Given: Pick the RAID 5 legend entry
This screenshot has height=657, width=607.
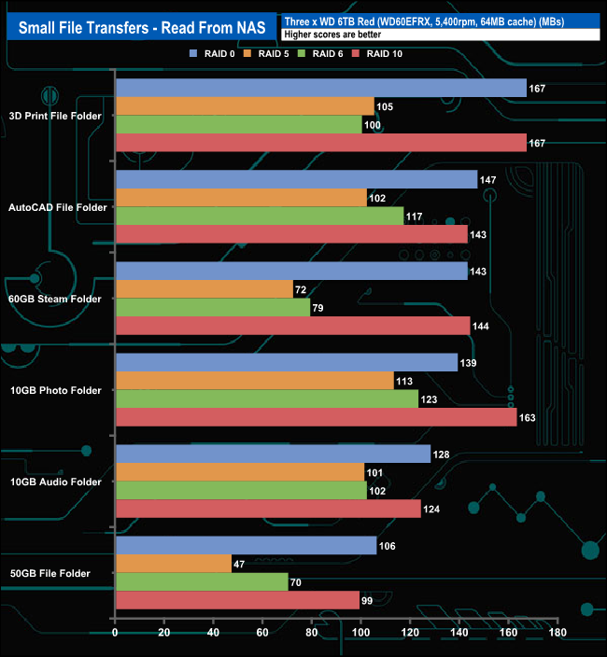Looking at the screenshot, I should click(x=270, y=54).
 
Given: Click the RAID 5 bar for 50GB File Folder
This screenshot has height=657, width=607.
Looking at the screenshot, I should click(x=173, y=564).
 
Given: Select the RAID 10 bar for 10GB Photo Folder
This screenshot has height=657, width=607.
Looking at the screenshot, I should click(x=316, y=417).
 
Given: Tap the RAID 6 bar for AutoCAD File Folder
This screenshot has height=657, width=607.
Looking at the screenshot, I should click(x=260, y=217).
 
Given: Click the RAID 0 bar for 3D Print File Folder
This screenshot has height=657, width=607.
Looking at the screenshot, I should click(x=321, y=89).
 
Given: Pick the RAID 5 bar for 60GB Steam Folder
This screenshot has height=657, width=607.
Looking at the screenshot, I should click(x=204, y=289).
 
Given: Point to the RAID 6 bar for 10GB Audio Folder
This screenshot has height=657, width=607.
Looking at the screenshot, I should click(x=241, y=490).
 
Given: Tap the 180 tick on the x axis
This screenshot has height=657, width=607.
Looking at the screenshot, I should click(x=558, y=632).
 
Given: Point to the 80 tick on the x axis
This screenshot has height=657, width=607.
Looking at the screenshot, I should click(x=312, y=632).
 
